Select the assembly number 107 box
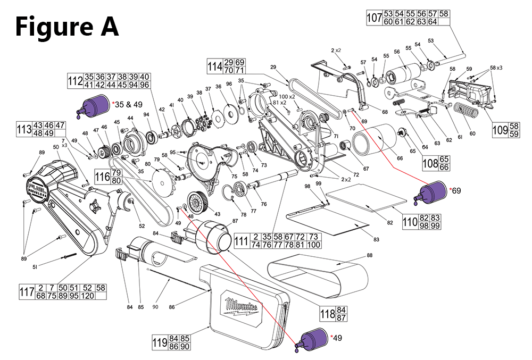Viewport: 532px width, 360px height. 374,18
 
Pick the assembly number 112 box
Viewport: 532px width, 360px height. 74,81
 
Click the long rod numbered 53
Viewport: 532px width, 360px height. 450,58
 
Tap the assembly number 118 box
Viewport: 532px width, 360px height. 327,313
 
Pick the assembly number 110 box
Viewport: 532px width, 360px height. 409,222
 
